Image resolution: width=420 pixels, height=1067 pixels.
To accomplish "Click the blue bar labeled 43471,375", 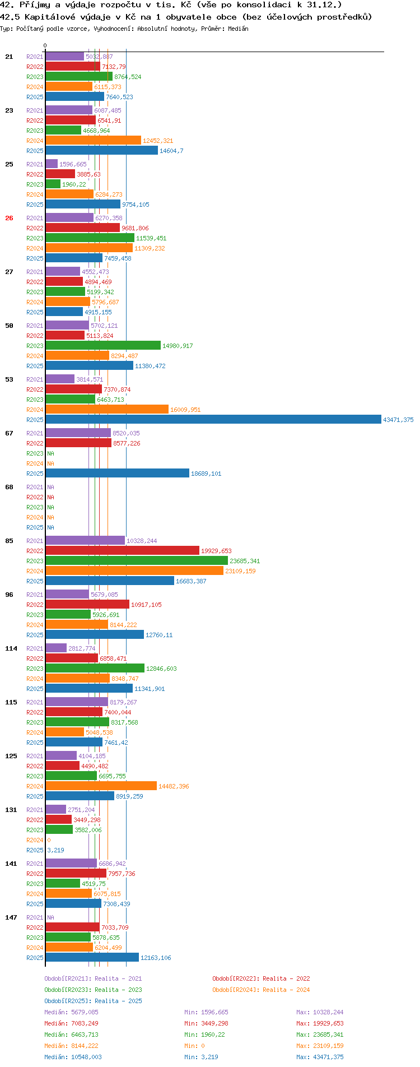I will tap(213, 420).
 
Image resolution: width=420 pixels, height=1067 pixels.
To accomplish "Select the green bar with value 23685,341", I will tap(137, 561).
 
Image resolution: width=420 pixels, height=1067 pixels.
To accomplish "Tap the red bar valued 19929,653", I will tap(122, 551).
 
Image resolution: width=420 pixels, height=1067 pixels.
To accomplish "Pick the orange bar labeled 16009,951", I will tap(107, 410).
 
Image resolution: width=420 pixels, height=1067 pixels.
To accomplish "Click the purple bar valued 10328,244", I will tap(85, 541).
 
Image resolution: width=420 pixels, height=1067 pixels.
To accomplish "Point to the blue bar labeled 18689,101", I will tap(117, 474).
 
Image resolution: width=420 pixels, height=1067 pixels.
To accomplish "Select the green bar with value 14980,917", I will tap(103, 346).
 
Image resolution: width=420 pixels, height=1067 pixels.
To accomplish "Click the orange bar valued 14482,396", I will tap(101, 786).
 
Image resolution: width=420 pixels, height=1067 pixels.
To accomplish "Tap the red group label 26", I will tap(9, 218).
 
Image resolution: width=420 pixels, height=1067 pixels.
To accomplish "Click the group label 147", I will tap(11, 917).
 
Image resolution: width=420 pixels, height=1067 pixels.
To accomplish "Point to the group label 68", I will tap(9, 487).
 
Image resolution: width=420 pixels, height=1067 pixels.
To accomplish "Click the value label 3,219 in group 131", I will tap(55, 850).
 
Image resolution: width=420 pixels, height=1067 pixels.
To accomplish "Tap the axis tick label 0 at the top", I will tap(45, 46).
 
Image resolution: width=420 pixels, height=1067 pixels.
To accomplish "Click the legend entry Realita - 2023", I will tap(93, 990).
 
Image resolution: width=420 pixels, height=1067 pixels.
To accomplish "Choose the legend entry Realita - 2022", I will tap(261, 978).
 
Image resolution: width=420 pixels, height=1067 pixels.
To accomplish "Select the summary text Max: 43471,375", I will tap(320, 1057).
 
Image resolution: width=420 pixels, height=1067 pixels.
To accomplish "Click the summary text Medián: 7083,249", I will tap(71, 1023).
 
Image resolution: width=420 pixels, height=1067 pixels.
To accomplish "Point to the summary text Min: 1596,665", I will tap(206, 1012).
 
